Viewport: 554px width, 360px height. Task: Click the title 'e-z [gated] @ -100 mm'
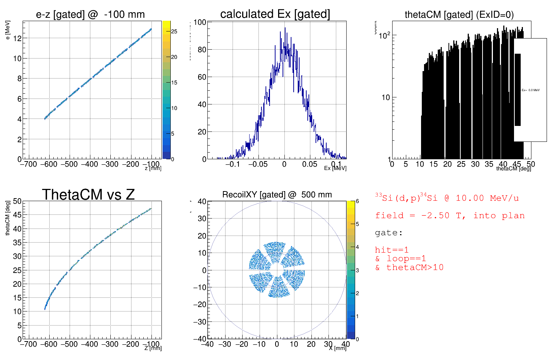(x=90, y=14)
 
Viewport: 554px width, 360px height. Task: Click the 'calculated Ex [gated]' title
(x=275, y=14)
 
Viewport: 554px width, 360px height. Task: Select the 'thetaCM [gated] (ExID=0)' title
(x=459, y=15)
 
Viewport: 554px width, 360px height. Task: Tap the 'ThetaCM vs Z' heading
(x=88, y=194)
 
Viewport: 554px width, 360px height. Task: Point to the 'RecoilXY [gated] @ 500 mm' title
(x=277, y=194)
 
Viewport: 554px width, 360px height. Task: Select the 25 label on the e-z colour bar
(x=174, y=31)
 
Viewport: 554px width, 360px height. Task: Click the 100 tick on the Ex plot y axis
(x=200, y=22)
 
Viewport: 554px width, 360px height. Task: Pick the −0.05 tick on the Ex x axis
(x=258, y=164)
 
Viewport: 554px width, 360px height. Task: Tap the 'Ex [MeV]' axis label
(x=335, y=168)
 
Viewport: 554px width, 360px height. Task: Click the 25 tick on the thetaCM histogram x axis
(x=461, y=164)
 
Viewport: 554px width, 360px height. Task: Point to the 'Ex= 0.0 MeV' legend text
(x=530, y=90)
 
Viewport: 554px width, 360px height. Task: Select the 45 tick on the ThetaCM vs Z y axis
(x=17, y=215)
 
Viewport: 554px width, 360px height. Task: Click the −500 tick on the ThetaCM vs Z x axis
(x=69, y=344)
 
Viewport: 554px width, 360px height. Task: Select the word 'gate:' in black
(x=388, y=233)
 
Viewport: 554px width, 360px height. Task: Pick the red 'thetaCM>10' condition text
(x=415, y=267)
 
